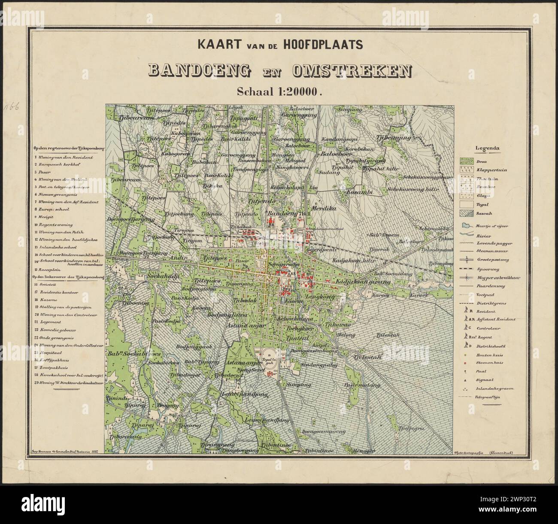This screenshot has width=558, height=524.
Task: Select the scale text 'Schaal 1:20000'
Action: tap(279, 91)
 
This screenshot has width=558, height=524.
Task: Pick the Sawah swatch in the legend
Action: tap(467, 213)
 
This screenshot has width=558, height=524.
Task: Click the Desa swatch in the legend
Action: tap(467, 161)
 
